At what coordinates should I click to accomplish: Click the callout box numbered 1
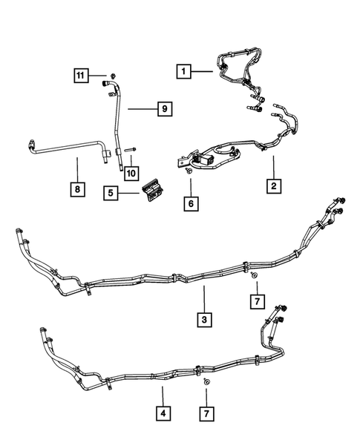tap(183, 72)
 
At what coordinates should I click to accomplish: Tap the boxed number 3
tap(203, 320)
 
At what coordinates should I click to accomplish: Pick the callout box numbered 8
tap(77, 189)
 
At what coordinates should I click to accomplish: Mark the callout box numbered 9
tap(165, 109)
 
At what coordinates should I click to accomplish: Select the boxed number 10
tap(131, 173)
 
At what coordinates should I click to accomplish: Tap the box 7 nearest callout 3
tap(255, 301)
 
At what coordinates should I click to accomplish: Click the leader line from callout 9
tap(141, 109)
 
